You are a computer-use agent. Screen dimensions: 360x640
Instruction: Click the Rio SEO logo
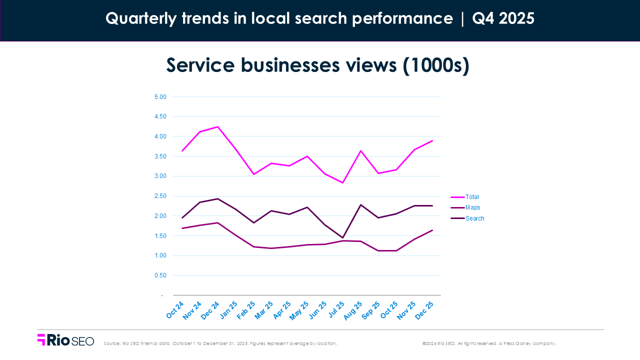[x=65, y=340]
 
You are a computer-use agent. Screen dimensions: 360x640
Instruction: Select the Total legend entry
[x=471, y=197]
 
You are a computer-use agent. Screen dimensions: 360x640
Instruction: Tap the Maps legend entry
[x=472, y=207]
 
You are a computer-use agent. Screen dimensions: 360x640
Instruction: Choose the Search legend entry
[x=474, y=218]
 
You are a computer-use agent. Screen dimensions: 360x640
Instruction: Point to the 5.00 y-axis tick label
[x=159, y=97]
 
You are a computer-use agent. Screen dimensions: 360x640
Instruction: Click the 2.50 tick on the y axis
[x=159, y=196]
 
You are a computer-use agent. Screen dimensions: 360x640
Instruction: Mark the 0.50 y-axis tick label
[x=159, y=275]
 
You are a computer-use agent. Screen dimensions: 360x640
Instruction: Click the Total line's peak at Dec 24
[x=217, y=126]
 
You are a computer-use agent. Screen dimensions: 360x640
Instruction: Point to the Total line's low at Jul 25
[x=342, y=182]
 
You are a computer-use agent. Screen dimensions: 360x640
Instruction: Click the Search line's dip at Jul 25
[x=342, y=237]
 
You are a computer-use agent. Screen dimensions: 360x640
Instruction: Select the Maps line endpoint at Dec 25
[x=432, y=230]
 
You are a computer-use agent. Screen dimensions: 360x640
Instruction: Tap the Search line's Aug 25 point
[x=360, y=204]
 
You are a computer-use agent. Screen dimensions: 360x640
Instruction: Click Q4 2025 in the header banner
[x=503, y=18]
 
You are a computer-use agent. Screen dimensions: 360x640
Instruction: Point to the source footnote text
[x=220, y=343]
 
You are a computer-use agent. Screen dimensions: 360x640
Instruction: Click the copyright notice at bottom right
[x=489, y=343]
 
